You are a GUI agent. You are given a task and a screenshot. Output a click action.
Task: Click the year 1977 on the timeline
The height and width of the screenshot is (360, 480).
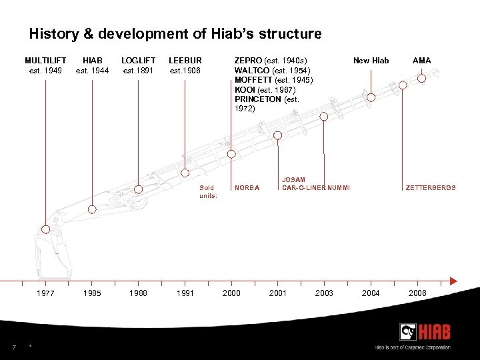45,293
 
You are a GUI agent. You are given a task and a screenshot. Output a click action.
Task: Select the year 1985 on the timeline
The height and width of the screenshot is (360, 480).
92,293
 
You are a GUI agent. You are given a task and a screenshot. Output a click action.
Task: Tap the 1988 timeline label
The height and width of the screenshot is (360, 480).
138,293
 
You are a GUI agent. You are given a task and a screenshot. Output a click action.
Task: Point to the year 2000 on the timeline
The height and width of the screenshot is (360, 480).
231,293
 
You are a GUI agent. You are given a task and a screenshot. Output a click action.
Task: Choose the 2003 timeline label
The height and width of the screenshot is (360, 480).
324,293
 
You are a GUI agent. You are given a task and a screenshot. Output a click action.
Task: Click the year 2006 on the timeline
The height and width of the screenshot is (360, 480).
417,293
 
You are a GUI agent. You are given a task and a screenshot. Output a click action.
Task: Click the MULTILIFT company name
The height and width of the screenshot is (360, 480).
45,61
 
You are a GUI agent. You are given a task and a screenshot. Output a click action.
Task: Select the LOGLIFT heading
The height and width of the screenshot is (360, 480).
138,61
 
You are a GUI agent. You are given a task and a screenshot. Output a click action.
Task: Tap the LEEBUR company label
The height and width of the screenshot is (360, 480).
185,61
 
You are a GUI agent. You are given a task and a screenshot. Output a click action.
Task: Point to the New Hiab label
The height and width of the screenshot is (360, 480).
371,61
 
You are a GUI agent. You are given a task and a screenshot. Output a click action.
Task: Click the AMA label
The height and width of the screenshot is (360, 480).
421,61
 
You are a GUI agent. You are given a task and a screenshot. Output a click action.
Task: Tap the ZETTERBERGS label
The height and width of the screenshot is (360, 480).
431,188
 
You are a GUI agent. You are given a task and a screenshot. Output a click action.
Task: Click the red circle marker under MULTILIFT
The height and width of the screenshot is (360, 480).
45,229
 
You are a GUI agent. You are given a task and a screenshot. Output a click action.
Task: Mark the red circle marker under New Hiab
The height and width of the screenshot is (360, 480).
371,97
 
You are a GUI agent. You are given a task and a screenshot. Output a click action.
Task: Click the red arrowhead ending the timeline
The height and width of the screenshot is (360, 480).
455,280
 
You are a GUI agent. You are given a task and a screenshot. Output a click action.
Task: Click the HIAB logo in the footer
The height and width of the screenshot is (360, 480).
425,332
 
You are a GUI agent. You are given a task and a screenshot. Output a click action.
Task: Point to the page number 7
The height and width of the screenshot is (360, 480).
13,346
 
